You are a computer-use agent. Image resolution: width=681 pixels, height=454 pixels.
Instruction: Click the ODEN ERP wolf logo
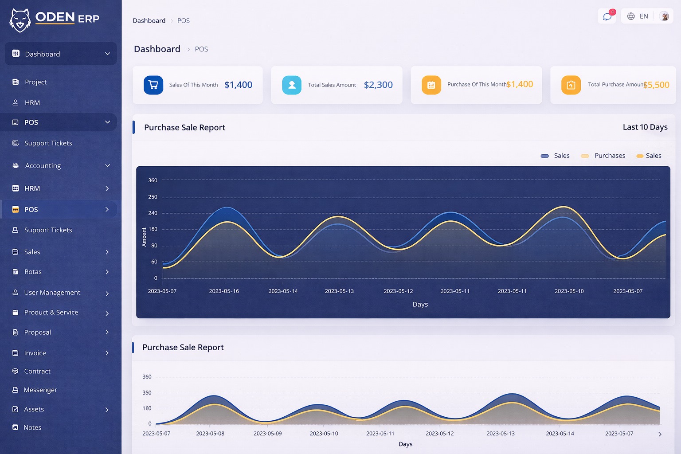[20, 20]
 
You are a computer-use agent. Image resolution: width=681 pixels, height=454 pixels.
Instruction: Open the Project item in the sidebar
[35, 82]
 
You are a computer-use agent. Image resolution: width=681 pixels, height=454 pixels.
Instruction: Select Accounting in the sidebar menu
[43, 166]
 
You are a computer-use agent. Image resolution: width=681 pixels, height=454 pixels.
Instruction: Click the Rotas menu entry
[33, 272]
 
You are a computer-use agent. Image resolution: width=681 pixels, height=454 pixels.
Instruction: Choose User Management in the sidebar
[52, 293]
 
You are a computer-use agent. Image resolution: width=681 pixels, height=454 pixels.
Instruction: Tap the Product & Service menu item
[51, 313]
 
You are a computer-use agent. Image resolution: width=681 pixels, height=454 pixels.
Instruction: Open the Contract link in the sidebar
[37, 372]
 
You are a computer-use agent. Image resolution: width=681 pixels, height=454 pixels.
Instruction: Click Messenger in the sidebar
[40, 390]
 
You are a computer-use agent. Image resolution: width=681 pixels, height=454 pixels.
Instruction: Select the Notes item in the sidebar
[32, 427]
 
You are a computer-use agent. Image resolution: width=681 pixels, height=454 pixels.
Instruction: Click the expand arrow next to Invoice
[107, 353]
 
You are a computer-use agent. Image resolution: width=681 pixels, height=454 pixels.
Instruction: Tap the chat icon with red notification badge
[607, 16]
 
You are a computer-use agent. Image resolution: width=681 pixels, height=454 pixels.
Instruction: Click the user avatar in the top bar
[664, 16]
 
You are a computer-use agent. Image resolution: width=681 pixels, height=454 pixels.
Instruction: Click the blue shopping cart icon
[153, 85]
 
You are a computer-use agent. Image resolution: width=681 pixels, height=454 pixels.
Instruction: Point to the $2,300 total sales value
[378, 85]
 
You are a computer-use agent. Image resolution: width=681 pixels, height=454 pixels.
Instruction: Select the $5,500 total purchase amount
[657, 85]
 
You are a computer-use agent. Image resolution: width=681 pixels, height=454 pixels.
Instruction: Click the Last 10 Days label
[645, 127]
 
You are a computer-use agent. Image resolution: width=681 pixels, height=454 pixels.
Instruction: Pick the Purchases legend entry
[609, 156]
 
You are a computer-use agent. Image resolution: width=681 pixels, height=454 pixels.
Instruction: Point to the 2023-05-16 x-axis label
[224, 291]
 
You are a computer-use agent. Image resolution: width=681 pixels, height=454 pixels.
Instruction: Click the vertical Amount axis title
[144, 237]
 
